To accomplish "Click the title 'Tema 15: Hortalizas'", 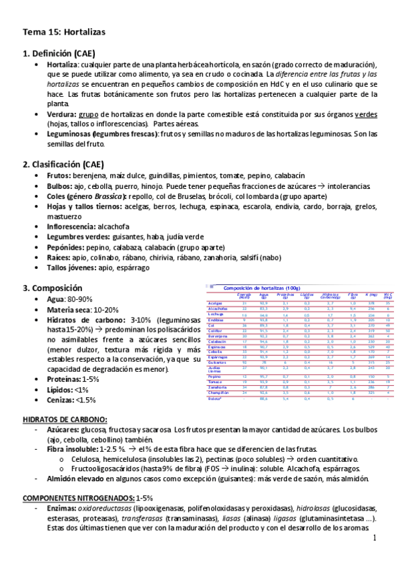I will click(64, 31).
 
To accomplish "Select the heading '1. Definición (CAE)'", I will click(59, 53).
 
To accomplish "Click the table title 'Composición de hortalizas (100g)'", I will click(261, 287).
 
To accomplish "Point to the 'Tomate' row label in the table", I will click(214, 381).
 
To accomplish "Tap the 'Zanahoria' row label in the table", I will click(217, 386).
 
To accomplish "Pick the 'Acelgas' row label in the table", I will click(214, 303).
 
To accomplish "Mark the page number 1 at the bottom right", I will click(375, 538).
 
